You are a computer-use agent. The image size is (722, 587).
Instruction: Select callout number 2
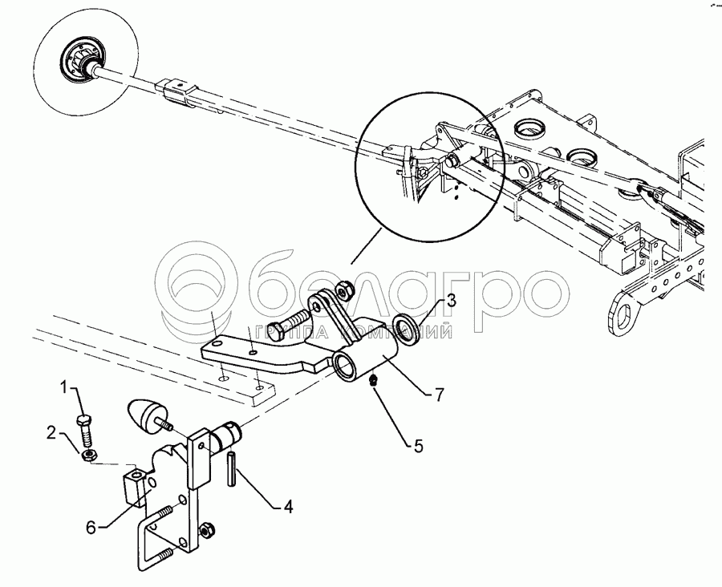[x=51, y=434]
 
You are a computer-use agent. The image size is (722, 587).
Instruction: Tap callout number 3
[x=451, y=302]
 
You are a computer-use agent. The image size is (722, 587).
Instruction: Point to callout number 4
[x=288, y=508]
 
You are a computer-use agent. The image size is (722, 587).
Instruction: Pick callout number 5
[x=418, y=446]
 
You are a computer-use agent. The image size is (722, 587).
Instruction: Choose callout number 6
[x=91, y=528]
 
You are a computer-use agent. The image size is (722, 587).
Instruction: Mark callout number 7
[x=439, y=395]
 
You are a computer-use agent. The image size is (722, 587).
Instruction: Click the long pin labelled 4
[x=231, y=468]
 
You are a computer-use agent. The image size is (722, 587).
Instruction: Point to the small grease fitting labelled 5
[x=374, y=380]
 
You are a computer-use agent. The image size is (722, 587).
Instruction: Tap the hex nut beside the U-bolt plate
[x=207, y=530]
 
